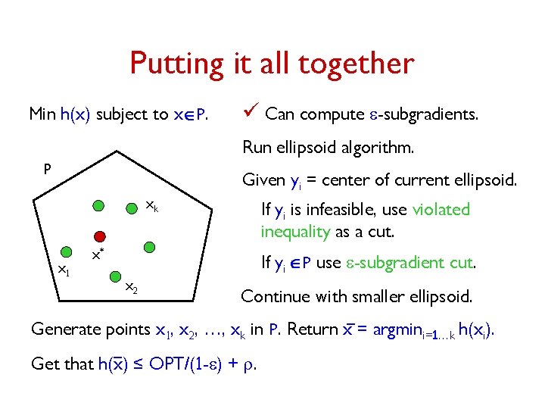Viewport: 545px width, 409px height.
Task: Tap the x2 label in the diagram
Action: click(131, 287)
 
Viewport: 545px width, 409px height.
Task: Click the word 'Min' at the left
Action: click(42, 114)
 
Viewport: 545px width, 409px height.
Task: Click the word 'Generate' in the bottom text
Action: click(63, 329)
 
